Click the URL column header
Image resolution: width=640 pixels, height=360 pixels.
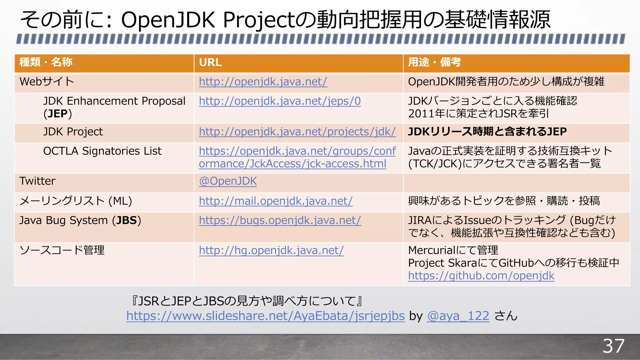210,62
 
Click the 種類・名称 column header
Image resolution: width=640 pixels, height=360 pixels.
46,62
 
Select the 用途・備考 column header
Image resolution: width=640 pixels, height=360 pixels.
434,62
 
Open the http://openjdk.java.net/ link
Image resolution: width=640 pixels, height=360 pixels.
263,82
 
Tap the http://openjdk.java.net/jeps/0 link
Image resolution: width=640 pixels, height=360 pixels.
280,101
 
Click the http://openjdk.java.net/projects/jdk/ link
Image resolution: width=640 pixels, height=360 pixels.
297,132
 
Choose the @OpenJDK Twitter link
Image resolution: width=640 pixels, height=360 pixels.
228,181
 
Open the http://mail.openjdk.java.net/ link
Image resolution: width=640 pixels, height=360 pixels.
276,201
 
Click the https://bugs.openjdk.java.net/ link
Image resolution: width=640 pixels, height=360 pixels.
280,221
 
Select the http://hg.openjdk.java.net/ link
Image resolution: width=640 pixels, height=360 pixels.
271,251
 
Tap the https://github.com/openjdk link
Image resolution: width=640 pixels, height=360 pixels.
481,276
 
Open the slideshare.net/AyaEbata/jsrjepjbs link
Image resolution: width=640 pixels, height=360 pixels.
265,316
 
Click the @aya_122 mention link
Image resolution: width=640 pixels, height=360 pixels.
458,316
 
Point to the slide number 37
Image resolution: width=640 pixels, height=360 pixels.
613,346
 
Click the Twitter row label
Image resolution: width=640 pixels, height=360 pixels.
37,181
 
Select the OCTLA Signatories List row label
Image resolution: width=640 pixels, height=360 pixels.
102,151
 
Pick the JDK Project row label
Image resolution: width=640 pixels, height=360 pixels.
73,132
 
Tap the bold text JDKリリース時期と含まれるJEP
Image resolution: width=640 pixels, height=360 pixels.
487,132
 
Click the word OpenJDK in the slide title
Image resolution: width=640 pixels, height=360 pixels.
168,20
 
